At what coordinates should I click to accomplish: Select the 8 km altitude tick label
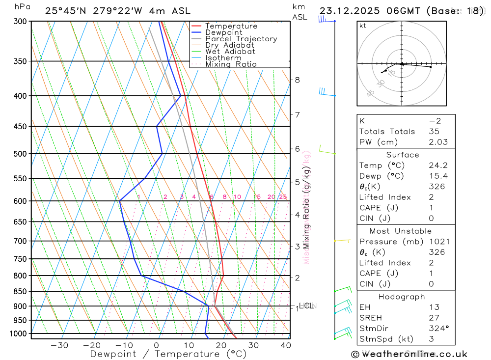[x=297, y=80]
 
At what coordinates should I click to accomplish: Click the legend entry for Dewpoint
[x=223, y=32]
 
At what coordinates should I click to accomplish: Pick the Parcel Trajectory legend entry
[x=241, y=39]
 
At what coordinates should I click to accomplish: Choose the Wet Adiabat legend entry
[x=230, y=52]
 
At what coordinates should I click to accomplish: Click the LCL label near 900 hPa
[x=306, y=306]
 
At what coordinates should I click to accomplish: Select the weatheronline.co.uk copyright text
[x=409, y=354]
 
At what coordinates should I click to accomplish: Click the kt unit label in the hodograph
[x=362, y=26]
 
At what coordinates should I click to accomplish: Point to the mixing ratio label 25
[x=283, y=197]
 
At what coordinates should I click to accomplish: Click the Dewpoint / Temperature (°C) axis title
[x=168, y=354]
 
